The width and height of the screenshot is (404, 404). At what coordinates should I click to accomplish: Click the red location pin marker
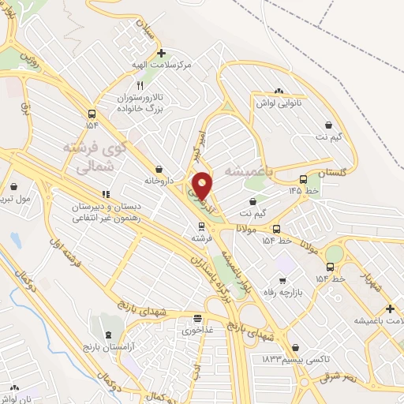pos(202,185)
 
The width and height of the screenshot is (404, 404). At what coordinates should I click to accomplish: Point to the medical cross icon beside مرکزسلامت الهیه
pos(162,54)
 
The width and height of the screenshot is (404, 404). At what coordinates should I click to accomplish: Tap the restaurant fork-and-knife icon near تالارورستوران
pos(140,84)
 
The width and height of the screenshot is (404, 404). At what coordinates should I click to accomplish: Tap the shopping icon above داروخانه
pos(159,169)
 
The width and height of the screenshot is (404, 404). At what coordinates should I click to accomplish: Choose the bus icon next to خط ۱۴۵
pos(304,179)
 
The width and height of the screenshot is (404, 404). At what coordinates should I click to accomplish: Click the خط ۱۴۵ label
pos(304,191)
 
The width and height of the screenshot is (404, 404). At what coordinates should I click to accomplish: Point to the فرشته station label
pos(201,237)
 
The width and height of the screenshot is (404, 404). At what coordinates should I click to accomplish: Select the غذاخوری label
pos(198,331)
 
